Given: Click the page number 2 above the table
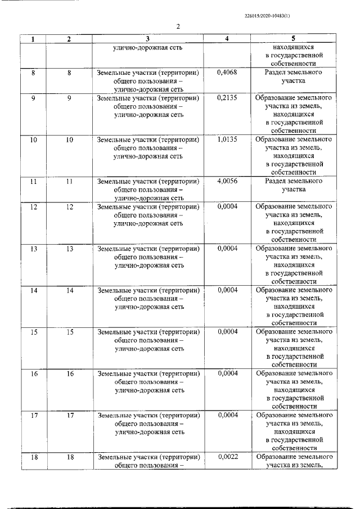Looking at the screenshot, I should (177, 27).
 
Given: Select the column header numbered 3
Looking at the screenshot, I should (147, 39).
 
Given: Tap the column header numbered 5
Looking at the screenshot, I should (293, 39).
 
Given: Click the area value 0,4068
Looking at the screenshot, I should (227, 73).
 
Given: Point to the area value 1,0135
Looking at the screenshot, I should (227, 139).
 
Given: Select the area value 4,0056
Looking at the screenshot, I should (227, 181).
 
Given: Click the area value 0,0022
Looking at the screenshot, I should (227, 457).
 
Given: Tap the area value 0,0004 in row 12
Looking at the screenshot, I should (227, 206).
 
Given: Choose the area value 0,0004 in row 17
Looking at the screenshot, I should (227, 415).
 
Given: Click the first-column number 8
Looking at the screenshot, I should (34, 73).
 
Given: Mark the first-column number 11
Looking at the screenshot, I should (34, 181).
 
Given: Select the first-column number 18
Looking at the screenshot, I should (34, 457).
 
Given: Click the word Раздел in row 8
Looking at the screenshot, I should (278, 73).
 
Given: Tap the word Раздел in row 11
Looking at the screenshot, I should (278, 181).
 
